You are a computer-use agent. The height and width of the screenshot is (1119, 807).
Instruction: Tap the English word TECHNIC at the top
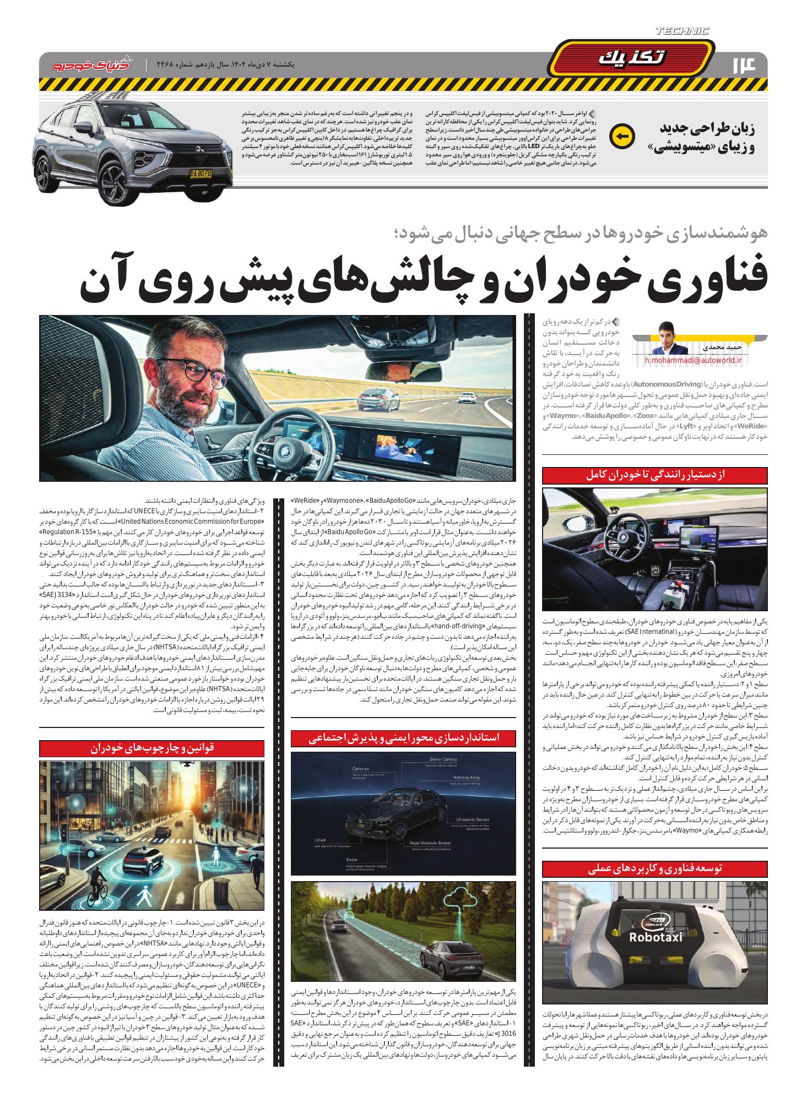tap(683, 31)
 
